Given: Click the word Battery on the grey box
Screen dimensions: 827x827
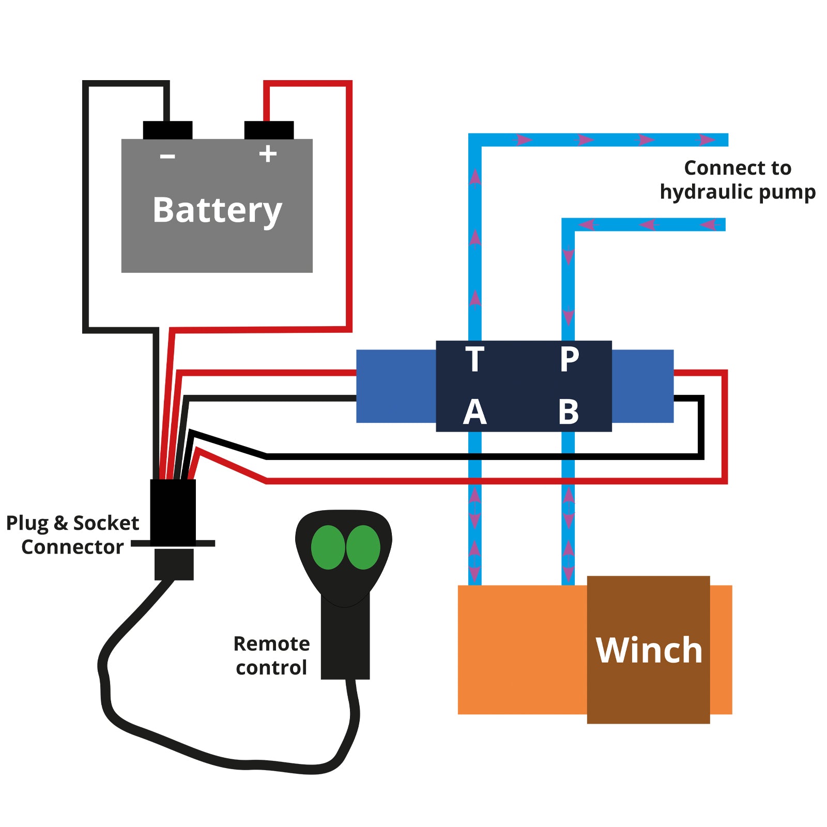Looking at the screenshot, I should pyautogui.click(x=217, y=210).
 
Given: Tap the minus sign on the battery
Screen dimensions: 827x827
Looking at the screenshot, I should pyautogui.click(x=167, y=156).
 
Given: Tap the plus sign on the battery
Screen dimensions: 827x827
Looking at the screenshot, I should pyautogui.click(x=268, y=154).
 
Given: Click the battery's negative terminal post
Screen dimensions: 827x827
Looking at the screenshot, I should pyautogui.click(x=167, y=130).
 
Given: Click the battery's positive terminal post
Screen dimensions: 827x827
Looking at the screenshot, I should pyautogui.click(x=269, y=130).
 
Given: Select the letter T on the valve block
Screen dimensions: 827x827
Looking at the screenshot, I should pyautogui.click(x=474, y=359).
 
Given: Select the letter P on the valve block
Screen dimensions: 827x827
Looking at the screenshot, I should pyautogui.click(x=569, y=359).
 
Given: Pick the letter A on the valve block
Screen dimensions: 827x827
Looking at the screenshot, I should pyautogui.click(x=474, y=412).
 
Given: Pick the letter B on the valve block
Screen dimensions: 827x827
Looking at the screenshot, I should pyautogui.click(x=569, y=412).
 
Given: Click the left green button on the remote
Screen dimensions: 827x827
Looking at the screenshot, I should pyautogui.click(x=328, y=547).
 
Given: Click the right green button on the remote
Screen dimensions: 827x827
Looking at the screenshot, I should pyautogui.click(x=363, y=547).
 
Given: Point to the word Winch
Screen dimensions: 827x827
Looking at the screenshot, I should pyautogui.click(x=649, y=650).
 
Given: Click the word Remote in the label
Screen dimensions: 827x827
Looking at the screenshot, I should pyautogui.click(x=271, y=644).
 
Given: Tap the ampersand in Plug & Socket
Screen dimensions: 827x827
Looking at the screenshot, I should pyautogui.click(x=60, y=523).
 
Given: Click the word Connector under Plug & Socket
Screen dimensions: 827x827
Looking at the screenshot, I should pyautogui.click(x=72, y=547).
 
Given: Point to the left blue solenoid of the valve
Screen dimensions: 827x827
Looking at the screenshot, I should pyautogui.click(x=396, y=386).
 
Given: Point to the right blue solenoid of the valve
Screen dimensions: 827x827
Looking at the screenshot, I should pyautogui.click(x=642, y=386).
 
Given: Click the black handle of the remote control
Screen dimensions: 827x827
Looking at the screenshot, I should pyautogui.click(x=345, y=641).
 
